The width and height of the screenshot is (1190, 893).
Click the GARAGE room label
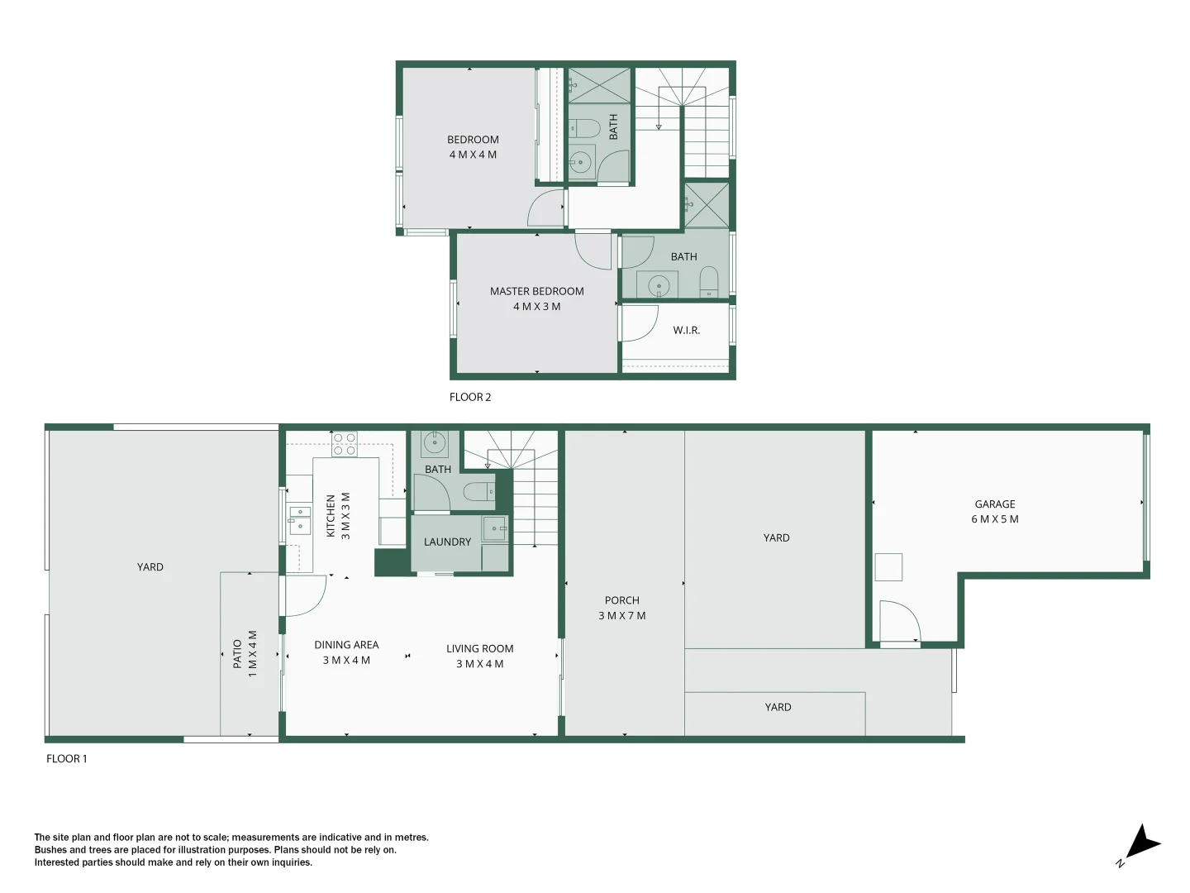tap(994, 504)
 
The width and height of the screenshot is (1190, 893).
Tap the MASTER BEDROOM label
tap(536, 291)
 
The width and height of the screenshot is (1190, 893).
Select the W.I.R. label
tap(686, 330)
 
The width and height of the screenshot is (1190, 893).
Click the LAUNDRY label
tap(447, 542)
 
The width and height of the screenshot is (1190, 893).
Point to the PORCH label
tap(621, 600)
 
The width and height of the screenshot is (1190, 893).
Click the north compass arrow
tap(1141, 843)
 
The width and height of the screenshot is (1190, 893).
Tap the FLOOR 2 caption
tap(470, 397)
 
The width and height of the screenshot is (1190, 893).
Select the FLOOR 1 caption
tap(66, 758)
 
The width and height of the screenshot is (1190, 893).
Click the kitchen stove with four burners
tap(345, 444)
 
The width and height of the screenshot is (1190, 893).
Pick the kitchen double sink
tap(299, 521)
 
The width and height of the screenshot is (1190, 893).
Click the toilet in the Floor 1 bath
tap(478, 493)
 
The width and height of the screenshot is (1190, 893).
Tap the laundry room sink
tap(495, 528)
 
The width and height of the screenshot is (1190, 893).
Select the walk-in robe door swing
tap(640, 323)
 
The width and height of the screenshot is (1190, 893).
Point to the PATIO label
tap(237, 653)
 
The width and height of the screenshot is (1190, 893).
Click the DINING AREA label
tap(346, 645)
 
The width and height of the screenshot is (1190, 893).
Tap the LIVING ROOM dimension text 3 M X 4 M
tap(479, 664)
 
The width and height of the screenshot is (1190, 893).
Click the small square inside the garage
tap(888, 567)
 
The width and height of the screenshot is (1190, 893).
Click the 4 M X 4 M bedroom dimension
tap(473, 155)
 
